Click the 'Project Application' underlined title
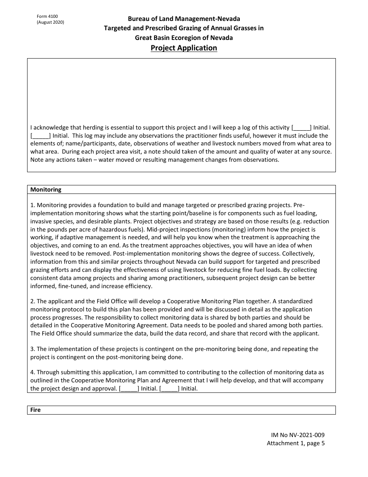(184, 48)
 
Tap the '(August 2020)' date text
(50, 22)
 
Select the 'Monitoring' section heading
(46, 190)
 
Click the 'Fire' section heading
(35, 410)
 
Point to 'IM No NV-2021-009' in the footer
(296, 435)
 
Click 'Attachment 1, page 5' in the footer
(296, 443)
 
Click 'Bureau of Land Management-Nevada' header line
(184, 19)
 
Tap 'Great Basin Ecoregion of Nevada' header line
(184, 38)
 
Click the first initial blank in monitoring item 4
(129, 389)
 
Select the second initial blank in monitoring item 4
(169, 389)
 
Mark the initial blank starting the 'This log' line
(40, 136)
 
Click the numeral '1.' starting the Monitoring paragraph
(33, 205)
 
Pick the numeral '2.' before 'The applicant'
(33, 301)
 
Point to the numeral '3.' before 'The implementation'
(33, 349)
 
